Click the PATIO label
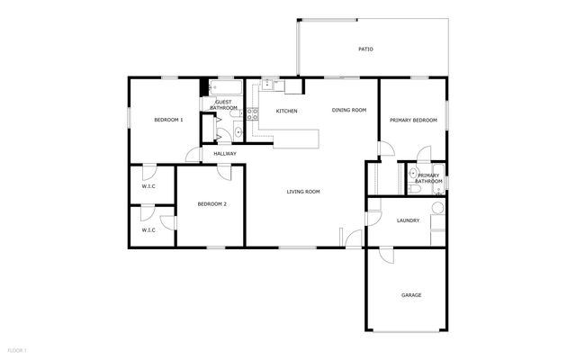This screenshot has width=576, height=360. (x=365, y=49)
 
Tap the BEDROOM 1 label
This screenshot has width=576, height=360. (x=168, y=120)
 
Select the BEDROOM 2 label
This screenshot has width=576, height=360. (x=211, y=204)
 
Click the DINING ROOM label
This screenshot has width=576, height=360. (x=349, y=110)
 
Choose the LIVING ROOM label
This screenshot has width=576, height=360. (x=303, y=191)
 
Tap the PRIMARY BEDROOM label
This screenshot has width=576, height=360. (x=413, y=120)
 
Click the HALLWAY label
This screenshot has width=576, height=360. (x=225, y=153)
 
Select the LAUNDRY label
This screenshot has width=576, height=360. (x=409, y=220)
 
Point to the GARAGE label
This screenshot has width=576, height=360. (x=410, y=295)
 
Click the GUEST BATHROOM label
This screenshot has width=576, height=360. (x=223, y=104)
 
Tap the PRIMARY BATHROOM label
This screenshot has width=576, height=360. (x=428, y=178)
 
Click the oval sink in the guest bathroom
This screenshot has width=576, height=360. (x=238, y=133)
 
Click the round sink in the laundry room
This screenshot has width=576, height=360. (x=437, y=209)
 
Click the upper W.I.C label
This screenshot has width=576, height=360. (x=148, y=186)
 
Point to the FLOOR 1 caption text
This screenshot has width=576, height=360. (x=17, y=349)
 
